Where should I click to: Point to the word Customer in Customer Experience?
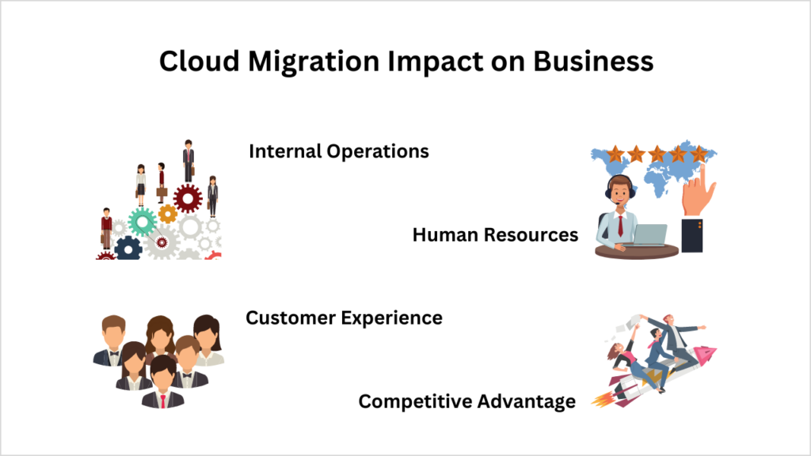[x=290, y=318]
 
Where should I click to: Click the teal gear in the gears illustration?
[x=143, y=222]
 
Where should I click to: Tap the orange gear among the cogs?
[x=167, y=213]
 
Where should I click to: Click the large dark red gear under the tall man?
[x=188, y=198]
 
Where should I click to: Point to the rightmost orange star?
[x=698, y=154]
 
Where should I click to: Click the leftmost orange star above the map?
[x=615, y=154]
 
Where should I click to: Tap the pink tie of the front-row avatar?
[x=162, y=397]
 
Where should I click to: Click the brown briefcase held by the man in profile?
[x=162, y=192]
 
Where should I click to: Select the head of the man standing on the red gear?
[x=188, y=144]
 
